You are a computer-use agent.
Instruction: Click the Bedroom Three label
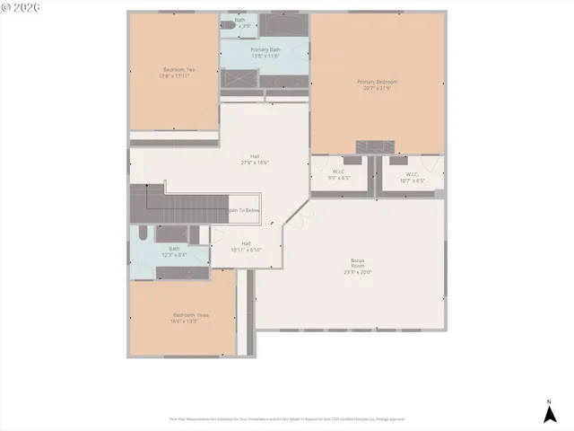coord(190,314)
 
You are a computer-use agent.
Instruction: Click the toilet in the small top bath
coord(228,28)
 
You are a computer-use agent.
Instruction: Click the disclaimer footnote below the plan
coord(287,418)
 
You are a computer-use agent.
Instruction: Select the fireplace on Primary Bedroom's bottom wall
coord(374,146)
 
